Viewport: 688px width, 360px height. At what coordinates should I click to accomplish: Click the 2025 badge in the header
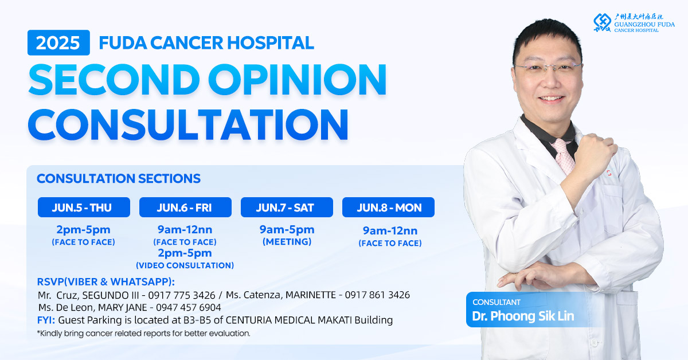point(58,42)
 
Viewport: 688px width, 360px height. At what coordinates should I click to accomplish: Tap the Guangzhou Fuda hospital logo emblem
point(603,22)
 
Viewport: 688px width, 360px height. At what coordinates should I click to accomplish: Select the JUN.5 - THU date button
point(84,208)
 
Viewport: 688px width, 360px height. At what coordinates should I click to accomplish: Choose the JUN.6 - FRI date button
point(185,208)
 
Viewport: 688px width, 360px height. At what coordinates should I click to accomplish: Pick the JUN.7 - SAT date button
point(287,208)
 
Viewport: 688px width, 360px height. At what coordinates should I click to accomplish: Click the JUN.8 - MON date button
point(388,208)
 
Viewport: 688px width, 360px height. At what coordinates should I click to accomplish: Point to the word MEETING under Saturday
point(287,242)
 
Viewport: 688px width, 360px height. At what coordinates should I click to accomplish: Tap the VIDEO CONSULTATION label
point(185,265)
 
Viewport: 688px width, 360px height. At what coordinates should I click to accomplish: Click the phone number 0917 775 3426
point(182,295)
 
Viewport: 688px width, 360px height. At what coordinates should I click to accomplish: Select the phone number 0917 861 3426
point(377,295)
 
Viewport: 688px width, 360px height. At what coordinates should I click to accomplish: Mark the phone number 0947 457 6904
point(188,307)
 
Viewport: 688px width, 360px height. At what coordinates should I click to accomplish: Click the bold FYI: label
point(46,320)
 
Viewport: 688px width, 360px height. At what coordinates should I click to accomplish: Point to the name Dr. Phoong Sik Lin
point(523,316)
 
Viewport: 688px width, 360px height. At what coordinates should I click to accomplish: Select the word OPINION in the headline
point(297,79)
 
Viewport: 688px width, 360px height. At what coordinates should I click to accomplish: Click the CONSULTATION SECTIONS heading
point(119,178)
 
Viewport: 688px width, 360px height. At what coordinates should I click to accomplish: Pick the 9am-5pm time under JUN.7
point(287,229)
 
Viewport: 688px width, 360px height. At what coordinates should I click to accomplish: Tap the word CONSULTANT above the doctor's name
point(497,302)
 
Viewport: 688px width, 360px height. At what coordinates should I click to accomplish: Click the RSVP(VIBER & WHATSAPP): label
point(106,281)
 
